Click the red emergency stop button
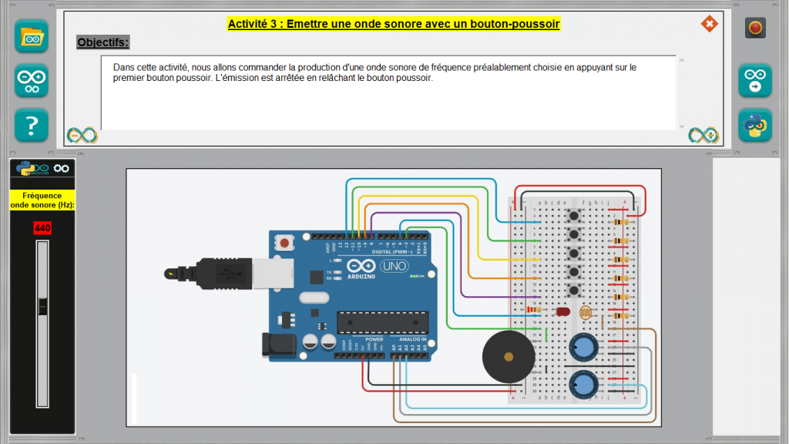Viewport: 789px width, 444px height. pyautogui.click(x=755, y=29)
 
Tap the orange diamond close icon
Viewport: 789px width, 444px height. pyautogui.click(x=708, y=24)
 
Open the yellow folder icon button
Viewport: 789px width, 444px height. pyautogui.click(x=32, y=36)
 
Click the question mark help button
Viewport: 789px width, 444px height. pyautogui.click(x=32, y=125)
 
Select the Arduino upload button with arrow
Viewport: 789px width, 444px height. pyautogui.click(x=755, y=80)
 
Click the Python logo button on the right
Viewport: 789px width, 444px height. pyautogui.click(x=755, y=125)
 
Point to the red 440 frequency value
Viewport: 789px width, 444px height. pyautogui.click(x=42, y=228)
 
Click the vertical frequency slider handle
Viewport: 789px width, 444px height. pyautogui.click(x=42, y=306)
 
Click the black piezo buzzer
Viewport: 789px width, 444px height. pyautogui.click(x=508, y=356)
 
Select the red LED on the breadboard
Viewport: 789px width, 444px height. pyautogui.click(x=562, y=312)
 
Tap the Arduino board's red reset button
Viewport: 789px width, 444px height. pyautogui.click(x=285, y=243)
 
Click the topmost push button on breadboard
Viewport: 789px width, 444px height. pyautogui.click(x=572, y=215)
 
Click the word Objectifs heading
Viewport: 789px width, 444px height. pyautogui.click(x=102, y=42)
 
